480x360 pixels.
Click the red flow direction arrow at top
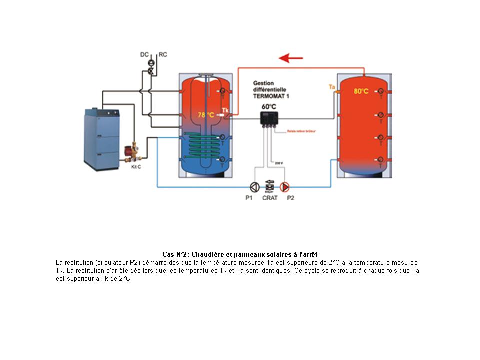(x=291, y=58)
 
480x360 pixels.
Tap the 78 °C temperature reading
(x=206, y=115)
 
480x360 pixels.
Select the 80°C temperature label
(x=361, y=91)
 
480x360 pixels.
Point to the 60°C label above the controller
(x=269, y=107)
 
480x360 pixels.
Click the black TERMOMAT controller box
(x=269, y=118)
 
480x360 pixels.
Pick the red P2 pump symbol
(x=284, y=187)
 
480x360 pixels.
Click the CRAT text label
(x=270, y=198)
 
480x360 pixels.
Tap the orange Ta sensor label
(x=331, y=87)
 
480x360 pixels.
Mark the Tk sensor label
(x=225, y=110)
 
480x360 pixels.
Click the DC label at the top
(x=144, y=55)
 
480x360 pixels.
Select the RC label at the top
(x=163, y=55)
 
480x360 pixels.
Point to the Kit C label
(x=136, y=167)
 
